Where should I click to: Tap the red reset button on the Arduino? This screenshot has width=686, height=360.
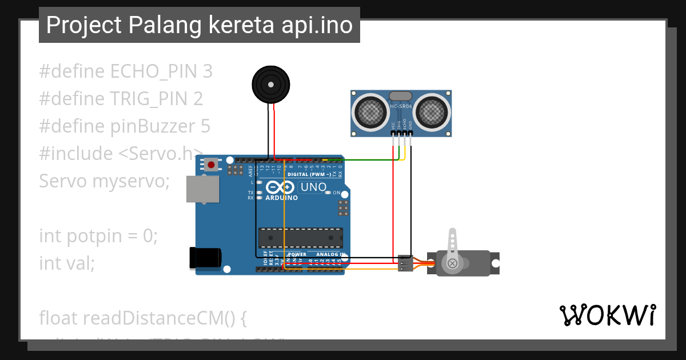tap(212, 165)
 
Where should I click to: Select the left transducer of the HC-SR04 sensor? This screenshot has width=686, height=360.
tap(370, 110)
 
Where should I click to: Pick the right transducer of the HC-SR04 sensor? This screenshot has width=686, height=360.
tap(432, 110)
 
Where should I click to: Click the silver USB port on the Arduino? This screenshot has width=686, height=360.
tap(203, 189)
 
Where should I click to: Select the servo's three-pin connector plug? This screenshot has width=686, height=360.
tap(405, 263)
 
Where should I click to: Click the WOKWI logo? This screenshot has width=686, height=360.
tap(607, 315)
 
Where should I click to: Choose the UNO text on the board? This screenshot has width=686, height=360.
tap(313, 187)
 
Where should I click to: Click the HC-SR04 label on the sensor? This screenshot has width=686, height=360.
tap(401, 106)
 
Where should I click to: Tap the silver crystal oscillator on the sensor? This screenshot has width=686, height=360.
tap(400, 96)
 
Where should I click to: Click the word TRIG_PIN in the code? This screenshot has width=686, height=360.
tap(149, 99)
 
